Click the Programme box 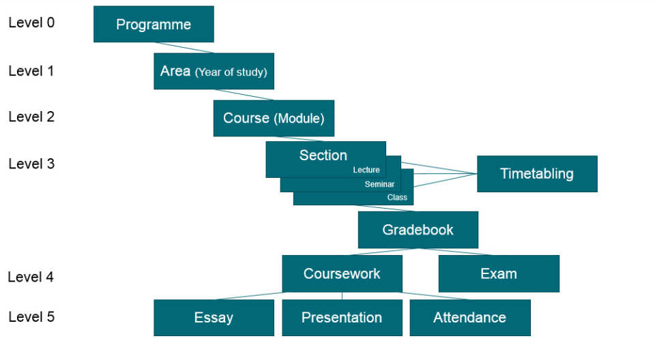click(154, 25)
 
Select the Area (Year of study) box click(214, 71)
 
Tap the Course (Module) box click(274, 118)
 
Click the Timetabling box click(537, 173)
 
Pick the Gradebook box click(418, 230)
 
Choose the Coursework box click(342, 273)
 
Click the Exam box click(499, 273)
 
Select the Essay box click(214, 317)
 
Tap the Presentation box click(342, 317)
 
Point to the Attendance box click(469, 317)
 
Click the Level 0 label click(31, 22)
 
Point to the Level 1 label click(31, 70)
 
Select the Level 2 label click(31, 117)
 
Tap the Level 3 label click(31, 164)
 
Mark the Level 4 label click(31, 277)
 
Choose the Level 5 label click(31, 316)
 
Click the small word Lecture click(366, 170)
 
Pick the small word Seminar click(379, 184)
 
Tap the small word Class click(397, 198)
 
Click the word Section click(323, 155)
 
